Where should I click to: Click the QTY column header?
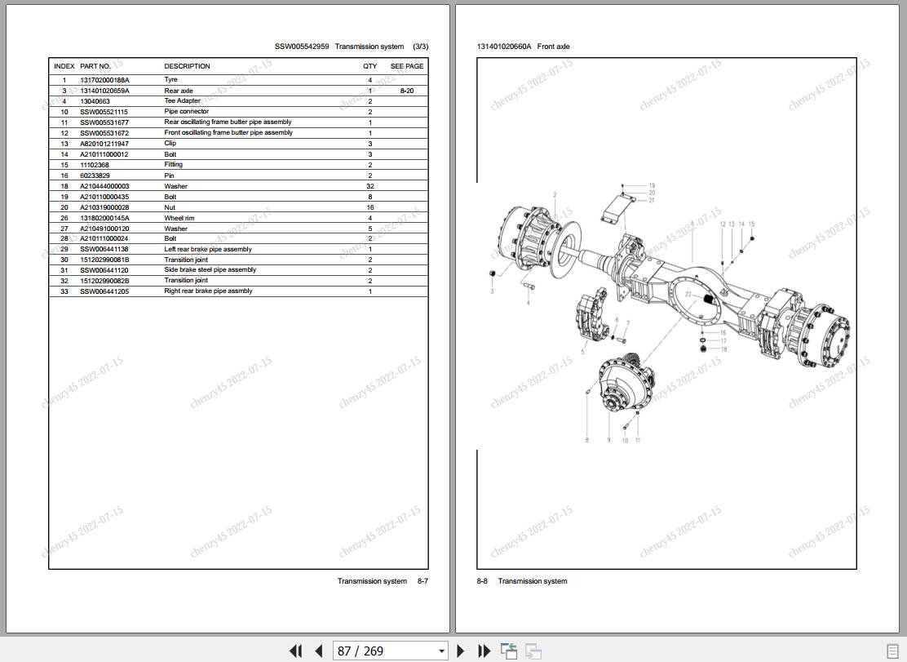coord(370,66)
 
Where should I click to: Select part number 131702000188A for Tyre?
coord(104,80)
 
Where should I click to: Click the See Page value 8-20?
coord(406,91)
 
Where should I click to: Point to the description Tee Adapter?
coord(182,101)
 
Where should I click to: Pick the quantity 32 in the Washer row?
coord(370,186)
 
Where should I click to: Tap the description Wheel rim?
coord(180,218)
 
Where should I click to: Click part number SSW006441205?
coord(104,291)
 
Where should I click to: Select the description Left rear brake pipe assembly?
coord(208,250)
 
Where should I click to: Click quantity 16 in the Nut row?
coord(370,207)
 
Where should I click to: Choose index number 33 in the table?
coord(64,291)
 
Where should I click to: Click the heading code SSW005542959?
coord(302,47)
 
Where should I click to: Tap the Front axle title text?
coord(553,47)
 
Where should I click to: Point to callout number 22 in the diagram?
coord(688,295)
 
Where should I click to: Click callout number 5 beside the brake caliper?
coord(582,353)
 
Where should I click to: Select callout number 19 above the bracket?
coord(652,186)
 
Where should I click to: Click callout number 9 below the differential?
coord(608,440)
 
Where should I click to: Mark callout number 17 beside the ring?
coord(723,341)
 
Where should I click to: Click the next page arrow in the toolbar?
coord(461,651)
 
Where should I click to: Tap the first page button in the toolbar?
coord(295,651)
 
